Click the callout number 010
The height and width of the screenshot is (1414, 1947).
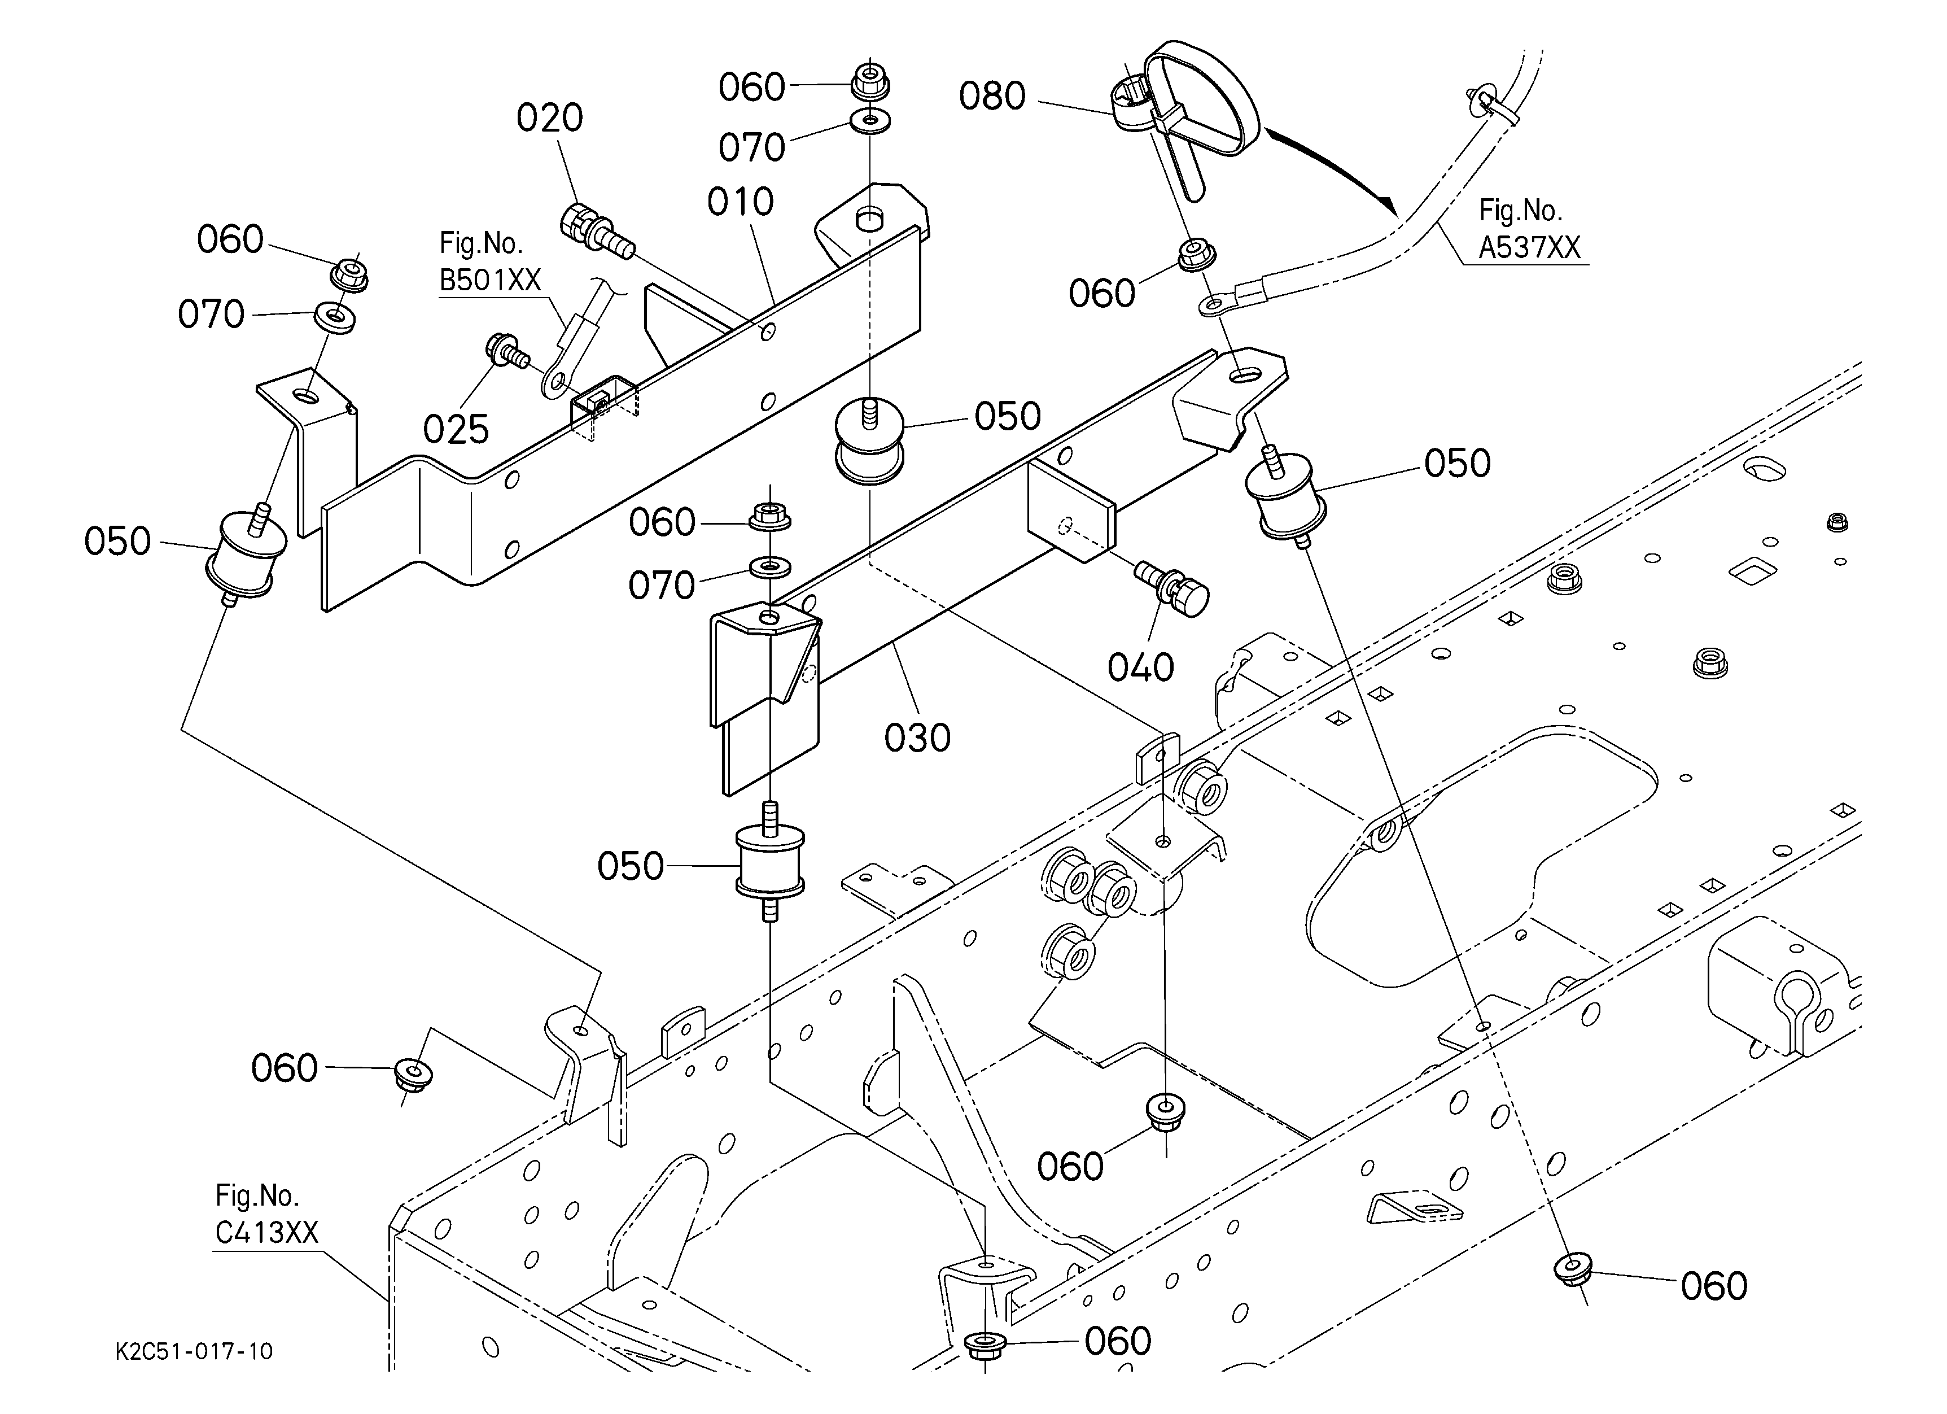[740, 203]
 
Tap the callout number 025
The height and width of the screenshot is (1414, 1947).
[456, 429]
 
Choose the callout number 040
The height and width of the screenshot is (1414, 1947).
[1140, 667]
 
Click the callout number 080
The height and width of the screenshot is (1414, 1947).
[992, 96]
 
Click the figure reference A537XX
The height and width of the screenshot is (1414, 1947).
[1529, 247]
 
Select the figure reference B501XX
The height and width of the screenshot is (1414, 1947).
[490, 280]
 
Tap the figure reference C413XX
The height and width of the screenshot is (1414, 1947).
[266, 1232]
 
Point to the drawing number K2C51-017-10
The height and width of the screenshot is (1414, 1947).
[194, 1351]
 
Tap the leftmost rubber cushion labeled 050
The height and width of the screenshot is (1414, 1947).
[246, 556]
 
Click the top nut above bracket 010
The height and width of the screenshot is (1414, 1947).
[870, 82]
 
